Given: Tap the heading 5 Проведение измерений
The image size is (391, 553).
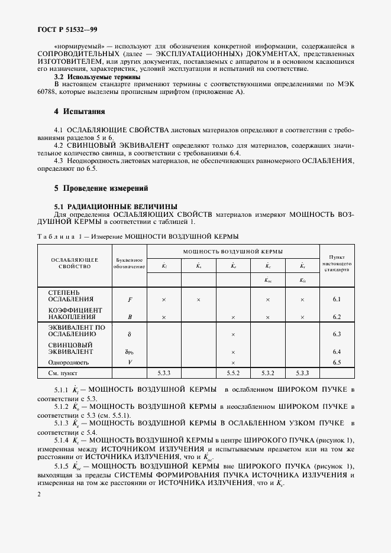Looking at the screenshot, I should pos(101,188).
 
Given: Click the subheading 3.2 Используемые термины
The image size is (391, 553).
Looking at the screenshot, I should pos(97,77).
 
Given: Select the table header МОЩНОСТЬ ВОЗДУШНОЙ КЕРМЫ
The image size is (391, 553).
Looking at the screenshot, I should pos(232,251).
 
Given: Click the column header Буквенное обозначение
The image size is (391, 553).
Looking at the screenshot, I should pos(130,264).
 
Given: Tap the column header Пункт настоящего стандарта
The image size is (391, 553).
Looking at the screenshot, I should pos(337,264).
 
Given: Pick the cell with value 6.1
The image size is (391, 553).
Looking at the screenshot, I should pos(337,300).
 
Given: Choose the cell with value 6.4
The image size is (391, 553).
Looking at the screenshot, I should pos(337,352).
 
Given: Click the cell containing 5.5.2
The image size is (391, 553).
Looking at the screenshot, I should pos(233,373).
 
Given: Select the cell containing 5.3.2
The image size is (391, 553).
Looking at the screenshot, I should pos(267,373).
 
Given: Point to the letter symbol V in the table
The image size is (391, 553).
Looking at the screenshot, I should pos(130,362).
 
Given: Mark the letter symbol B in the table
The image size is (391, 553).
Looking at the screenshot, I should pos(130,317).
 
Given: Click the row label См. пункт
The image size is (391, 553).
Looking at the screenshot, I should pos(63,373).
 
